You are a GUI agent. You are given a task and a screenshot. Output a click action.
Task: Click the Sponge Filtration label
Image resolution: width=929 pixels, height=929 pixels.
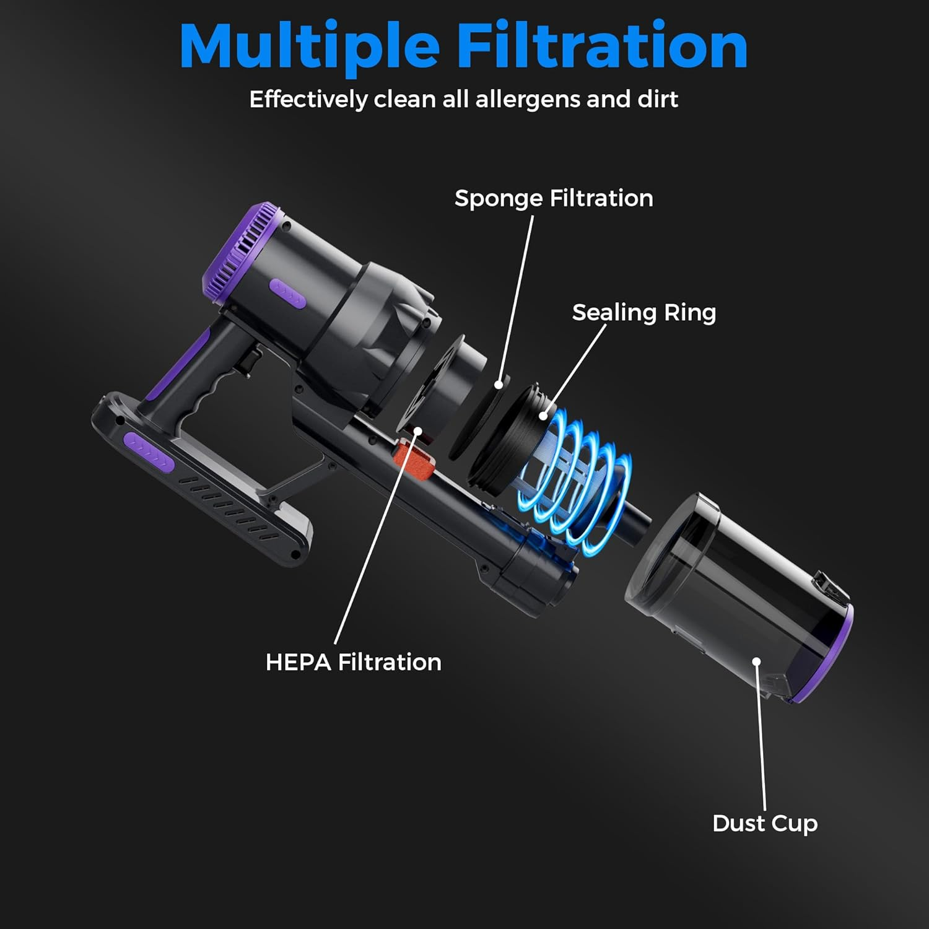point(554,198)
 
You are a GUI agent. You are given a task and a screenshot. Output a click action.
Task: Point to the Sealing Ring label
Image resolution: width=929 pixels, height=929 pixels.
point(643,313)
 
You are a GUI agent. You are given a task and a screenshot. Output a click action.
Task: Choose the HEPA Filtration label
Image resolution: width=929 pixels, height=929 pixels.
point(353,662)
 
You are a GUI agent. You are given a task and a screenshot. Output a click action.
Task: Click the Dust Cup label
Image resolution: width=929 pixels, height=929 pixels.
point(765,824)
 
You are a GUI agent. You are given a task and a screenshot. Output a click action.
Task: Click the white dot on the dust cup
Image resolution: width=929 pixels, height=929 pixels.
point(756,661)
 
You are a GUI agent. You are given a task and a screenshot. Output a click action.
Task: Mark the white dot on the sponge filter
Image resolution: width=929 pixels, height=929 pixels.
point(499,385)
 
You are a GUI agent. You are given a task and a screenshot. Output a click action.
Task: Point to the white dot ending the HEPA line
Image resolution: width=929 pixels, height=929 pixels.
point(418,430)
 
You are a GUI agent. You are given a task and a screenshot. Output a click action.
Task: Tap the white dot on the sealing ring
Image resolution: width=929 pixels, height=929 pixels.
point(543,416)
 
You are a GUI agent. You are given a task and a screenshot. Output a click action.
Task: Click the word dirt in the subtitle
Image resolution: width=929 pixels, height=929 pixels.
point(658,99)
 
